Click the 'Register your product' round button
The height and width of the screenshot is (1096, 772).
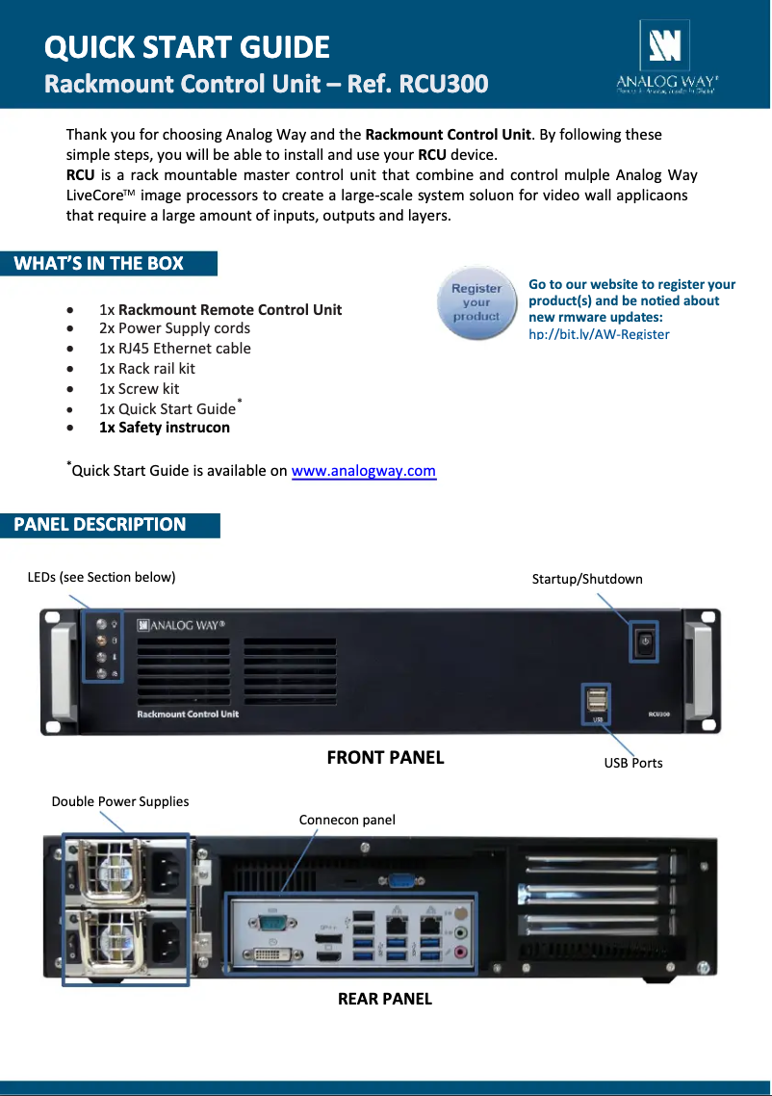pyautogui.click(x=476, y=302)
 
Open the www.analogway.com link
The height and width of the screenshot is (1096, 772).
pyautogui.click(x=363, y=471)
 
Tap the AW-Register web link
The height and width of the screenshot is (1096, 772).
pyautogui.click(x=599, y=333)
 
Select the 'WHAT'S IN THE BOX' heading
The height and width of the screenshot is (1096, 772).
pyautogui.click(x=99, y=264)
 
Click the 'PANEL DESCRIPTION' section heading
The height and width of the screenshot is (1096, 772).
pyautogui.click(x=100, y=525)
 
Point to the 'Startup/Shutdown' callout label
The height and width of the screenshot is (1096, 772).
pyautogui.click(x=587, y=579)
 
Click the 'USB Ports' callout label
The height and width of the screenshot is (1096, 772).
pyautogui.click(x=633, y=763)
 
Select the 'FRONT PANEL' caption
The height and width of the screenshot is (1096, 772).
pyautogui.click(x=385, y=758)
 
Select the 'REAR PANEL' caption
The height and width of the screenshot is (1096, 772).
pyautogui.click(x=384, y=999)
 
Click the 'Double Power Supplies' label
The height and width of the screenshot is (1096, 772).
pyautogui.click(x=120, y=801)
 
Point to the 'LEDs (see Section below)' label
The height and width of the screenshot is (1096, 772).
pyautogui.click(x=101, y=577)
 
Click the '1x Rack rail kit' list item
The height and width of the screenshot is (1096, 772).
pyautogui.click(x=147, y=368)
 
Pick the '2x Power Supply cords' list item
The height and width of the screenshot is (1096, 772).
pyautogui.click(x=174, y=327)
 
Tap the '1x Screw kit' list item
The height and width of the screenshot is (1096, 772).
pyautogui.click(x=140, y=388)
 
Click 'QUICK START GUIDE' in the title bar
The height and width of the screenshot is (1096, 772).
pyautogui.click(x=188, y=47)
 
